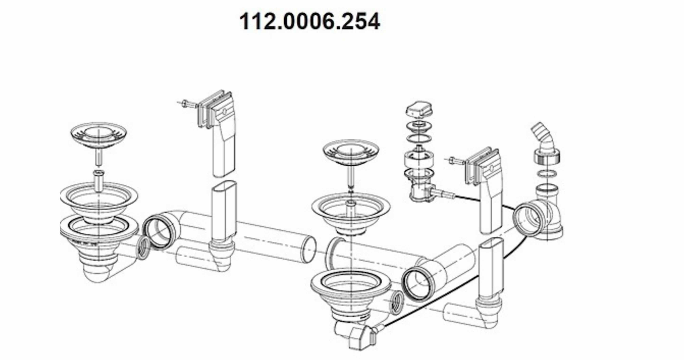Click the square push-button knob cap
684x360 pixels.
[419, 109]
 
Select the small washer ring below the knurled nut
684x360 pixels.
[547, 174]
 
